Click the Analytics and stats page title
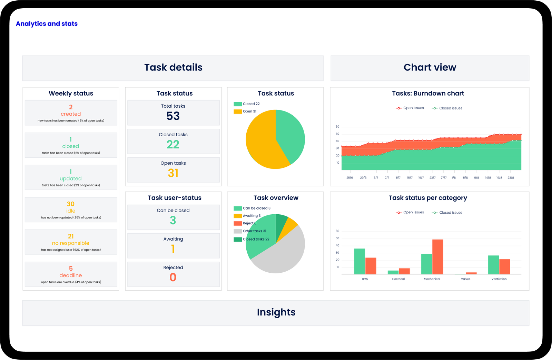pyautogui.click(x=47, y=24)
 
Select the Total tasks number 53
pyautogui.click(x=173, y=116)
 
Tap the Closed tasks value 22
pyautogui.click(x=173, y=144)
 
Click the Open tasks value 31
pyautogui.click(x=173, y=173)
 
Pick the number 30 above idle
pyautogui.click(x=71, y=204)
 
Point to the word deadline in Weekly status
pyautogui.click(x=71, y=275)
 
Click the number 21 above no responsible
pyautogui.click(x=71, y=236)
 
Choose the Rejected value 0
pyautogui.click(x=173, y=277)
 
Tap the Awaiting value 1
pyautogui.click(x=173, y=249)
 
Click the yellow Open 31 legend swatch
pyautogui.click(x=238, y=111)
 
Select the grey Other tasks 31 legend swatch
pyautogui.click(x=238, y=231)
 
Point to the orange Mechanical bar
pyautogui.click(x=437, y=257)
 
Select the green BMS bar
pyautogui.click(x=359, y=261)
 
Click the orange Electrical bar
pyautogui.click(x=404, y=271)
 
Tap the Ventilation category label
pyautogui.click(x=499, y=279)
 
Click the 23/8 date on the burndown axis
pyautogui.click(x=511, y=178)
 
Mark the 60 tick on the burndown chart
pyautogui.click(x=337, y=127)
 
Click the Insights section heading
pyautogui.click(x=276, y=312)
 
